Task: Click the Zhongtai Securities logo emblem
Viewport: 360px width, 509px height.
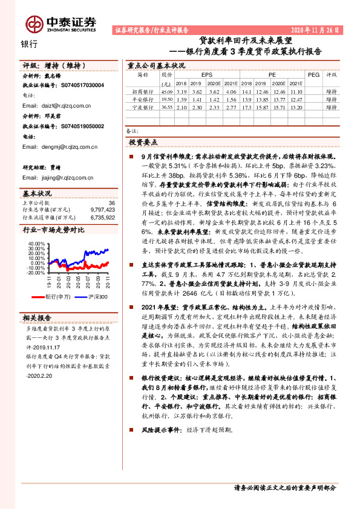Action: click(x=35, y=24)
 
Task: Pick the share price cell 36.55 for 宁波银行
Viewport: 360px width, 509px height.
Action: click(x=166, y=106)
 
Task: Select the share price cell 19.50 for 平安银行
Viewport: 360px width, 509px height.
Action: click(x=166, y=99)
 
